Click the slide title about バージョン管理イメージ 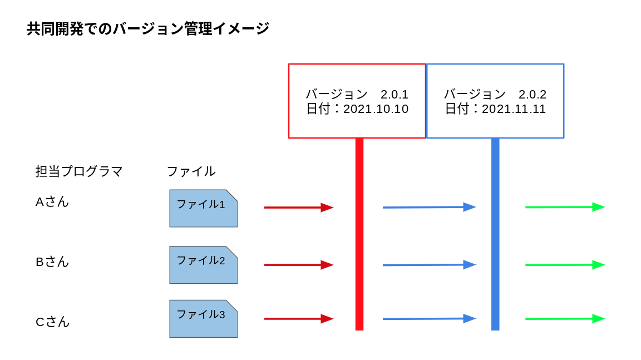[x=148, y=29]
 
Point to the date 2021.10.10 [x=376, y=109]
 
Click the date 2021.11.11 [x=514, y=109]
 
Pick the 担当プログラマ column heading [x=79, y=171]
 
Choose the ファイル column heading [x=191, y=171]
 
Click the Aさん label [x=52, y=201]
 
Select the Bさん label [x=52, y=262]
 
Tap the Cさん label [x=52, y=322]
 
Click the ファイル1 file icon [x=204, y=209]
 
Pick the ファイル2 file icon [x=204, y=265]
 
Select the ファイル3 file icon [x=204, y=319]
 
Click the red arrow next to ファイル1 [x=299, y=208]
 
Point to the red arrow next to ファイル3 [x=299, y=319]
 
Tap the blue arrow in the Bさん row [x=429, y=265]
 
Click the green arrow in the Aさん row [x=565, y=207]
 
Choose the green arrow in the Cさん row [x=565, y=319]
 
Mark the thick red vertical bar [x=359, y=234]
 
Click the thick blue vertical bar [x=495, y=234]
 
